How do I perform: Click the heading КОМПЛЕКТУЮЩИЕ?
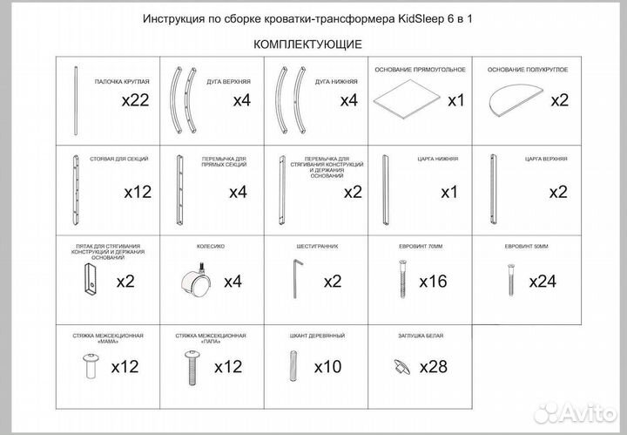(307, 44)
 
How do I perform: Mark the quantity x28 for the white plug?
(434, 366)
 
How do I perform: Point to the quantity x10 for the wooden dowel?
(327, 366)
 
